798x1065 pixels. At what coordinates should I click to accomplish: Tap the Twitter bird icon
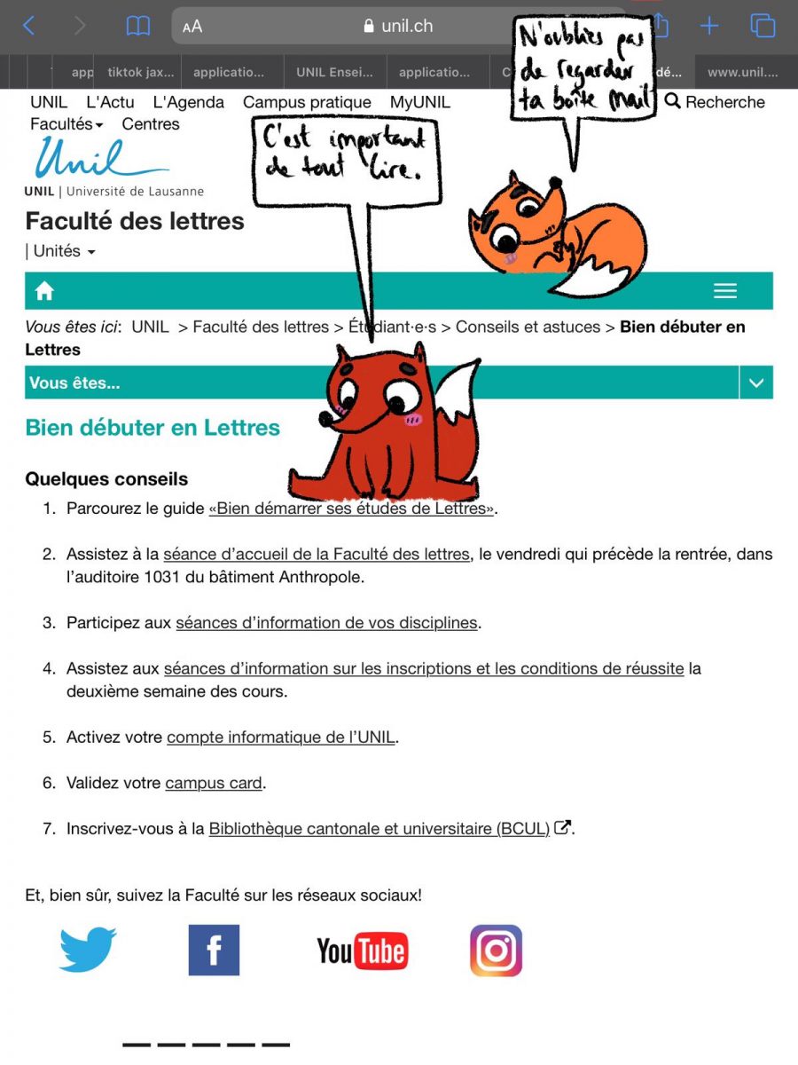pyautogui.click(x=88, y=949)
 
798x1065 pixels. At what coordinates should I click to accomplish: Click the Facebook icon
pyautogui.click(x=214, y=950)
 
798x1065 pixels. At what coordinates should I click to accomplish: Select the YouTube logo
pyautogui.click(x=363, y=951)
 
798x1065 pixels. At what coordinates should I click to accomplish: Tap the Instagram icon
pyautogui.click(x=496, y=951)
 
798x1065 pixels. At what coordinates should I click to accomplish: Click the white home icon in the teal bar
pyautogui.click(x=44, y=290)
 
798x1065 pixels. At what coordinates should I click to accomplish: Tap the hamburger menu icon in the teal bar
pyautogui.click(x=725, y=290)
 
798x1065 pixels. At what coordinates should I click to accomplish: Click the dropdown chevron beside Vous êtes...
pyautogui.click(x=755, y=383)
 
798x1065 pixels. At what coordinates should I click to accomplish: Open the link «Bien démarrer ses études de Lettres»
pyautogui.click(x=351, y=509)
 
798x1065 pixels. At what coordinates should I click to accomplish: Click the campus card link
pyautogui.click(x=214, y=783)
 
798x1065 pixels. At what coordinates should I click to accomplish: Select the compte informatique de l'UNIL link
pyautogui.click(x=281, y=737)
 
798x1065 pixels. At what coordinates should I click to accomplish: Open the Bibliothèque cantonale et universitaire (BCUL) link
pyautogui.click(x=379, y=829)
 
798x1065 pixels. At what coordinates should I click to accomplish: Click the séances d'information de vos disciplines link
pyautogui.click(x=326, y=623)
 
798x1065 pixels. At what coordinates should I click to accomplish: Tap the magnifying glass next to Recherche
pyautogui.click(x=673, y=101)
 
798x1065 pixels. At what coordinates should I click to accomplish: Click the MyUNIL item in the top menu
pyautogui.click(x=419, y=102)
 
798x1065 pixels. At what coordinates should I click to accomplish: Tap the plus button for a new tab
pyautogui.click(x=708, y=26)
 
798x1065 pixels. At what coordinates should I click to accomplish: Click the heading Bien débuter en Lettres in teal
pyautogui.click(x=153, y=427)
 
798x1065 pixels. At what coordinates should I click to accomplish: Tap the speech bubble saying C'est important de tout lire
pyautogui.click(x=346, y=155)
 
